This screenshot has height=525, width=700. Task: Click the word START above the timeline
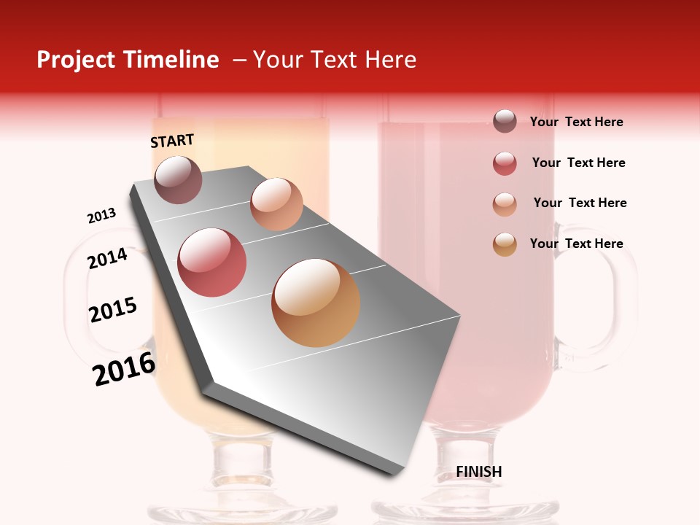pos(172,141)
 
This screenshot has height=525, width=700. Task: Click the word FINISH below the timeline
pos(479,472)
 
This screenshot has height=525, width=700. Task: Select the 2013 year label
pos(102,216)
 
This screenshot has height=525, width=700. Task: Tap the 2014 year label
pos(107,258)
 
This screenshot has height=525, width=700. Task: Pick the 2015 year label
pos(113,310)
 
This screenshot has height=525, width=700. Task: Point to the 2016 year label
pos(124,369)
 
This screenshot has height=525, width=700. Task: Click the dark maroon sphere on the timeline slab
pos(179,179)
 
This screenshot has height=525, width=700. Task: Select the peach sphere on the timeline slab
pos(276,204)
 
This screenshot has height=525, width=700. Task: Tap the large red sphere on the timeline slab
pos(212,262)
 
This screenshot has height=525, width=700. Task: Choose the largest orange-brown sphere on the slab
pos(316,303)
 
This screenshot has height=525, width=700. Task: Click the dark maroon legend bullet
pos(505,122)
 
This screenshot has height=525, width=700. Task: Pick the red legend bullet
pos(505,163)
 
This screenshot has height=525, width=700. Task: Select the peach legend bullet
pos(505,204)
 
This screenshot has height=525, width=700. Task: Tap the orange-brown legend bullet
pos(505,244)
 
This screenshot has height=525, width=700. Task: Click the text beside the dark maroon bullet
pos(576,122)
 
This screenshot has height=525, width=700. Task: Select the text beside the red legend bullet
pos(578,163)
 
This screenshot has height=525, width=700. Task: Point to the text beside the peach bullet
pos(580,203)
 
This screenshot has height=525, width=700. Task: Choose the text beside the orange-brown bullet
pos(576,244)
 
